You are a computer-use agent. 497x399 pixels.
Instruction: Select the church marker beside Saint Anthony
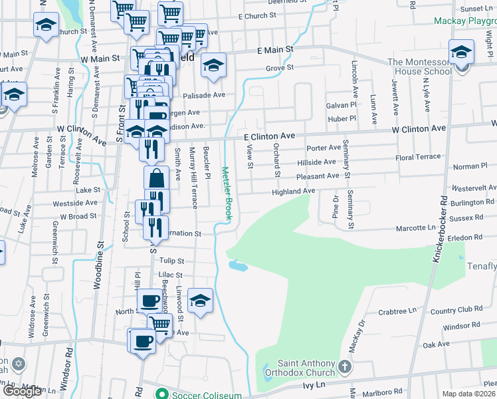tap(344, 367)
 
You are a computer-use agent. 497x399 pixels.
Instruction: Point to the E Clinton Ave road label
tap(269, 136)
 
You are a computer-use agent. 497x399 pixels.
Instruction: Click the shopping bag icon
tap(156, 178)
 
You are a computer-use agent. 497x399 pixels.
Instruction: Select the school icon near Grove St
tap(213, 65)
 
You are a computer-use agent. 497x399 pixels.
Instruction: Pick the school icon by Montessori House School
tap(460, 51)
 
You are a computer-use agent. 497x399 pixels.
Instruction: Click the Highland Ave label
tap(293, 192)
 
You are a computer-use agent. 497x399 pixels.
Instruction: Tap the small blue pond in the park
tap(238, 266)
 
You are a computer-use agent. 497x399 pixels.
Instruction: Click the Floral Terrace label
tap(418, 158)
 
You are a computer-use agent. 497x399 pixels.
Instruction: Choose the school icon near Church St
tap(45, 26)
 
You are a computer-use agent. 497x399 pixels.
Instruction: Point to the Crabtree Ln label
tap(397, 311)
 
